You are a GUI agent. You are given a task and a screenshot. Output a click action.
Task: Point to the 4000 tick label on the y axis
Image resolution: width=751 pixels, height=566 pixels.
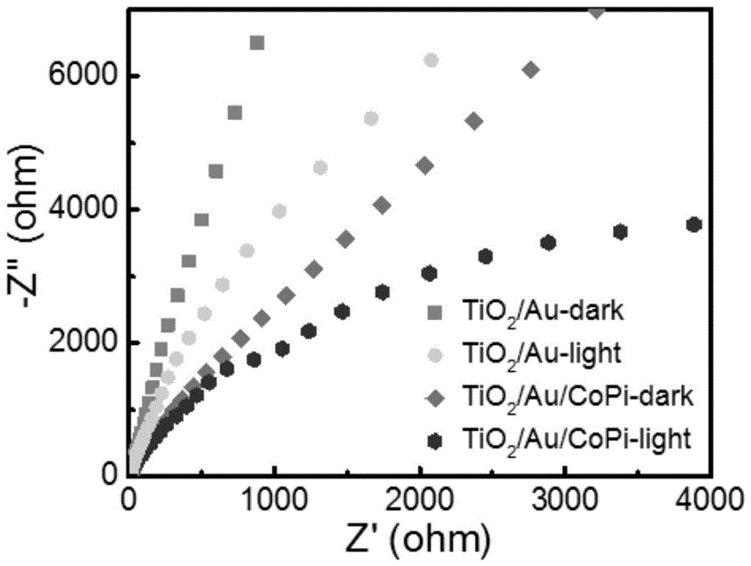point(79,210)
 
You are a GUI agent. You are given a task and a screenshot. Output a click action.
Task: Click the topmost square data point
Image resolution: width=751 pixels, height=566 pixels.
point(257,43)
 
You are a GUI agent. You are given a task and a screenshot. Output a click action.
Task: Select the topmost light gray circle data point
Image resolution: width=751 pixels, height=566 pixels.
point(431,61)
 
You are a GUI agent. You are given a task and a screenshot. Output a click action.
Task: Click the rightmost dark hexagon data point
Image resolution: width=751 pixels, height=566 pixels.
point(694,225)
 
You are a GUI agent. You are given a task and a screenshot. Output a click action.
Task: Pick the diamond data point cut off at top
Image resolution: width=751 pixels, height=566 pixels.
point(597,11)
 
